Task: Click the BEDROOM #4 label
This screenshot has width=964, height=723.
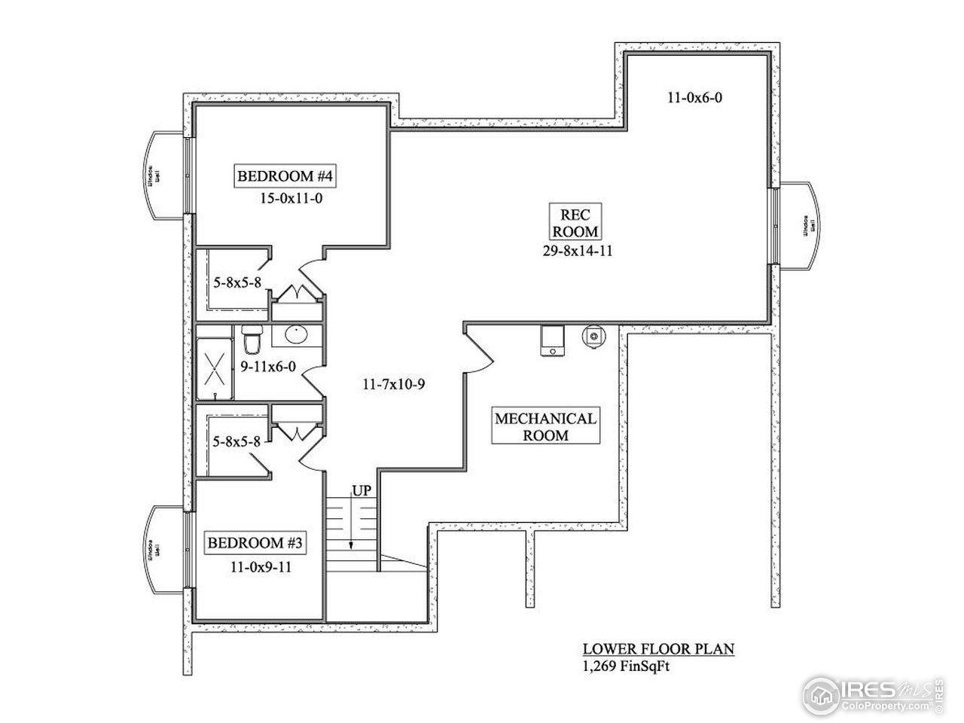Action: click(285, 177)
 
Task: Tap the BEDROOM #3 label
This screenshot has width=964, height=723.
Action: click(255, 543)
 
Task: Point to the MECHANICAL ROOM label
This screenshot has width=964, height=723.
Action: click(545, 426)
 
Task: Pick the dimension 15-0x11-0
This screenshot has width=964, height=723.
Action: click(290, 200)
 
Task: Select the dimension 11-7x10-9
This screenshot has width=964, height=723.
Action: click(395, 385)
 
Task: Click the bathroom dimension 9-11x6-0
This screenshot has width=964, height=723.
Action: click(268, 367)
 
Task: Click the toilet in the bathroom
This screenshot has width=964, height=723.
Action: click(251, 340)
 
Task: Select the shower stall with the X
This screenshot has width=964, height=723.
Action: click(215, 368)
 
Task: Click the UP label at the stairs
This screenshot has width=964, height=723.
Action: click(362, 492)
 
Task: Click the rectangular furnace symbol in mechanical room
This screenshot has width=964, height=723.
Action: click(554, 340)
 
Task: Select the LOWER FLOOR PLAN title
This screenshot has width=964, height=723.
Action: click(658, 649)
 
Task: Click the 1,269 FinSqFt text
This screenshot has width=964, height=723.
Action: click(624, 664)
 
